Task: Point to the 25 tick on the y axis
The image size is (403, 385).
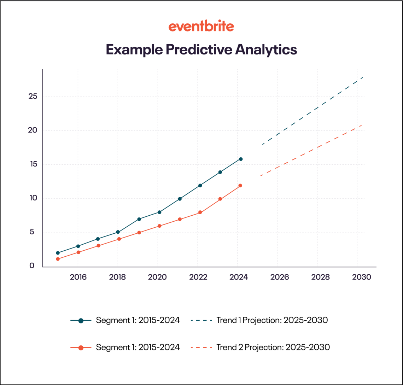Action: pyautogui.click(x=33, y=97)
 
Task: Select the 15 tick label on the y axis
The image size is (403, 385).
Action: pyautogui.click(x=33, y=164)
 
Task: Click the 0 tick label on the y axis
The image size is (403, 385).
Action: pyautogui.click(x=32, y=266)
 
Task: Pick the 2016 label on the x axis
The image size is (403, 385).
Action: pyautogui.click(x=78, y=277)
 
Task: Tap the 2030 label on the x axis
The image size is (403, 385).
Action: pyautogui.click(x=362, y=277)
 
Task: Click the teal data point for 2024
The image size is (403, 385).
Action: pyautogui.click(x=241, y=159)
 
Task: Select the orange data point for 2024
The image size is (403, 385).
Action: pyautogui.click(x=240, y=186)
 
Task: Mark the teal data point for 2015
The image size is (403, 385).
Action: pyautogui.click(x=58, y=253)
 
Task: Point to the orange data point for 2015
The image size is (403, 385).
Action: pyautogui.click(x=58, y=259)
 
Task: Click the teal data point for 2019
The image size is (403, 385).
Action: pyautogui.click(x=139, y=219)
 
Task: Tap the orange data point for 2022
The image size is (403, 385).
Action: pyautogui.click(x=200, y=212)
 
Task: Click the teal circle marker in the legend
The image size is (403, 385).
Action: pyautogui.click(x=81, y=321)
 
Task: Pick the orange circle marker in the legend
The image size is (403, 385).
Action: pyautogui.click(x=81, y=348)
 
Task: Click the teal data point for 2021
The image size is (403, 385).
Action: pyautogui.click(x=180, y=199)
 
